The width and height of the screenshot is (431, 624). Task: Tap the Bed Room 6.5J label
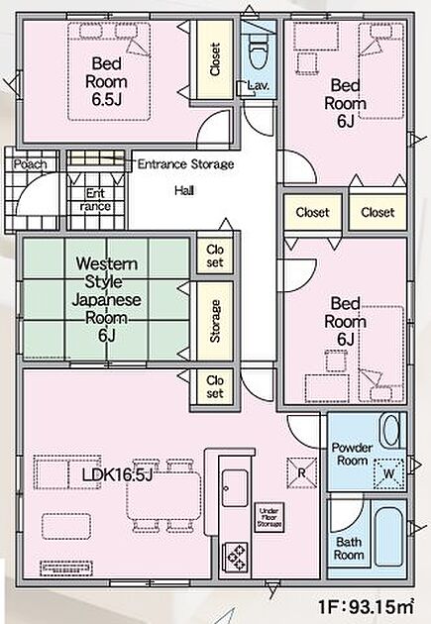click(106, 81)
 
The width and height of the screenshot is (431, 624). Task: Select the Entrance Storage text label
click(185, 164)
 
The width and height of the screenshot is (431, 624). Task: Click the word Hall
click(184, 190)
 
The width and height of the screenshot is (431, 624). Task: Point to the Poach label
click(31, 164)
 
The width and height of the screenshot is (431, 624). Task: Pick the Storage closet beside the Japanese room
click(215, 321)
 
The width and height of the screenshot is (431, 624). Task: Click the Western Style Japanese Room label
click(106, 300)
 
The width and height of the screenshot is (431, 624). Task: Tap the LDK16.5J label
click(117, 474)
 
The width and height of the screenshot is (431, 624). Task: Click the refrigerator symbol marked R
click(302, 472)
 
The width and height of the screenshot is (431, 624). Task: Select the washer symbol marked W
click(388, 473)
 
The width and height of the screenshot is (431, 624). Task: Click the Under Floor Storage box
click(269, 517)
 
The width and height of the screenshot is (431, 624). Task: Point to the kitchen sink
click(235, 488)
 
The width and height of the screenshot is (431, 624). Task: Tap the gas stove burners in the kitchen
click(235, 558)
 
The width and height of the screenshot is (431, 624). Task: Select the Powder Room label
click(352, 454)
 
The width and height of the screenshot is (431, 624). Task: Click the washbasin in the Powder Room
click(390, 430)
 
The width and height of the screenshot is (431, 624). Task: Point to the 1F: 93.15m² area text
click(366, 606)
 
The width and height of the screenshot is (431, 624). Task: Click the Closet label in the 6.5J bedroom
click(215, 59)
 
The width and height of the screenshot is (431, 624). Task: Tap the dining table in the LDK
click(163, 495)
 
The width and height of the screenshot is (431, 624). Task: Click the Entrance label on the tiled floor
click(95, 200)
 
